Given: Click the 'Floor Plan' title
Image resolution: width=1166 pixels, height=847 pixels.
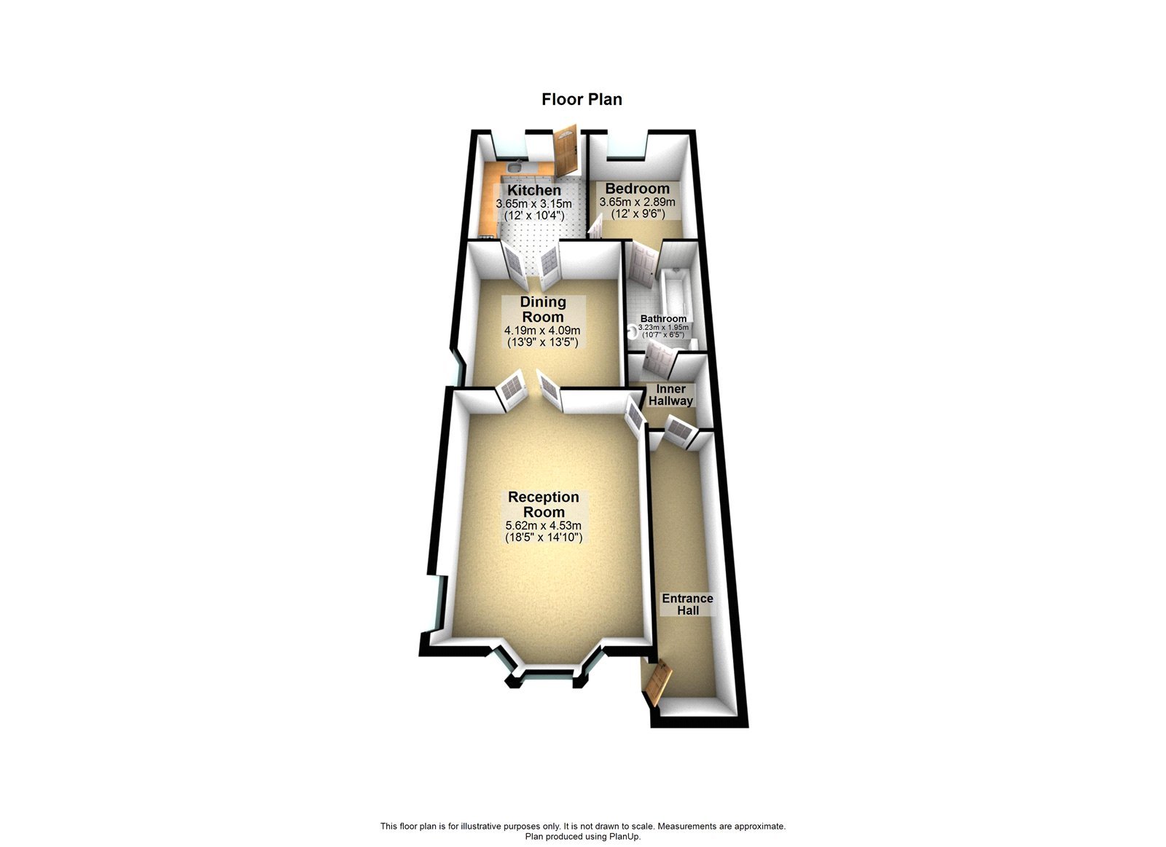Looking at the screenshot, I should coord(582,99).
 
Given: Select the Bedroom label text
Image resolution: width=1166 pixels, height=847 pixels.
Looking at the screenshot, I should coord(637,189).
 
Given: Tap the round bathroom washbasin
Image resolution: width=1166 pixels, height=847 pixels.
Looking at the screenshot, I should coord(630,330).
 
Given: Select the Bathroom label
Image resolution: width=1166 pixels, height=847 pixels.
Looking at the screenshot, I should coord(663,319).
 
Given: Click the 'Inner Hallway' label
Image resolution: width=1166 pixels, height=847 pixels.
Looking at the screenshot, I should coord(670,395).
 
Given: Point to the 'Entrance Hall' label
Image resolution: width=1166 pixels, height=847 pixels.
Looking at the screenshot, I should coord(687,604).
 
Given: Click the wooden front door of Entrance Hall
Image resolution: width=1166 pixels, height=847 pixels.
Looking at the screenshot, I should coord(656,683).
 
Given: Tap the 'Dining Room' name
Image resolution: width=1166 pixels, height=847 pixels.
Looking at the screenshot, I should coord(543,310).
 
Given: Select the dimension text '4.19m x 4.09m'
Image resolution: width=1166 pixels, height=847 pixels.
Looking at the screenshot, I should coord(543,331).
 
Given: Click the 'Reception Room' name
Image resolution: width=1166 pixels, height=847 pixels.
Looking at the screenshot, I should coord(544,504).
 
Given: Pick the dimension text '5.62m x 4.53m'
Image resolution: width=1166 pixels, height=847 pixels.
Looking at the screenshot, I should coord(544,525).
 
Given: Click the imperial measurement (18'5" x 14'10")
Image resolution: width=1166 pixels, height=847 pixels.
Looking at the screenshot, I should coord(544,537).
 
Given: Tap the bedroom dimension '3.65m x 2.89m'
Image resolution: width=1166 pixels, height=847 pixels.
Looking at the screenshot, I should coord(637,202).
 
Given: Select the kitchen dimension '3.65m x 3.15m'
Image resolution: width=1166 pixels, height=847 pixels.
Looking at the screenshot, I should coord(533,204).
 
